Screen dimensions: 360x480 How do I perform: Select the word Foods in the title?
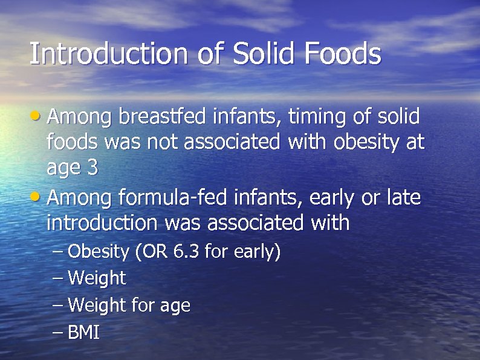pos(343,53)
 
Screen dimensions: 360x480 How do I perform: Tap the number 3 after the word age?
pos(92,168)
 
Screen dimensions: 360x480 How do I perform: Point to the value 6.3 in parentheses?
pos(186,251)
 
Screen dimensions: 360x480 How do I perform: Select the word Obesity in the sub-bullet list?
pos(98,251)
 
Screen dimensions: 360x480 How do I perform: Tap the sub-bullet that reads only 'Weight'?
pos(97,279)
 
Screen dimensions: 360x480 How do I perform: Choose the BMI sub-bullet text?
pos(83,333)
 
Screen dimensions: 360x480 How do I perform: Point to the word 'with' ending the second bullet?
pos(330,223)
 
